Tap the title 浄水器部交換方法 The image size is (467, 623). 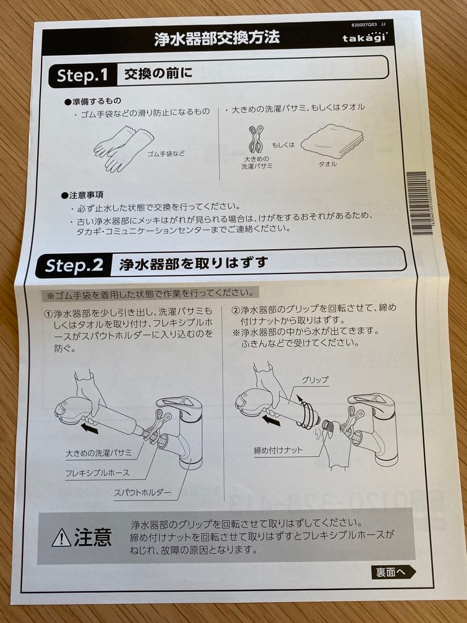click(x=217, y=39)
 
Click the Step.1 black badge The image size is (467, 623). click(x=82, y=75)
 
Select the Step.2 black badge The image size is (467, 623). click(x=74, y=265)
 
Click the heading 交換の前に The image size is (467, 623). click(x=158, y=74)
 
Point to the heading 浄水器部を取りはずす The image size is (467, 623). click(x=194, y=264)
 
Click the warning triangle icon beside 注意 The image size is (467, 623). click(x=61, y=538)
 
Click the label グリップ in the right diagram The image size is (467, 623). click(x=314, y=380)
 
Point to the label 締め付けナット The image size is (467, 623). click(x=278, y=451)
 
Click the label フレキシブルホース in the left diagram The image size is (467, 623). click(x=97, y=473)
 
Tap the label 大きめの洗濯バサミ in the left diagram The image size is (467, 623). click(x=99, y=453)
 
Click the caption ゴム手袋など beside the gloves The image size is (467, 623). click(x=166, y=154)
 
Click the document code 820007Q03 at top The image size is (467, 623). click(x=363, y=25)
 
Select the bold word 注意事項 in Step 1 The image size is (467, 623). click(x=86, y=195)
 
